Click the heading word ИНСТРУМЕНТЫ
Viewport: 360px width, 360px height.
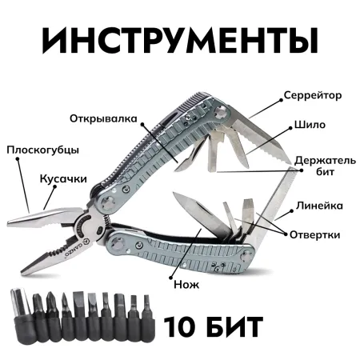(179, 41)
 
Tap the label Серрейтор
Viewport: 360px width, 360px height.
(313, 95)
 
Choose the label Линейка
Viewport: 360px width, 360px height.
(319, 206)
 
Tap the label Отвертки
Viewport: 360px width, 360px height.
(318, 234)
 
